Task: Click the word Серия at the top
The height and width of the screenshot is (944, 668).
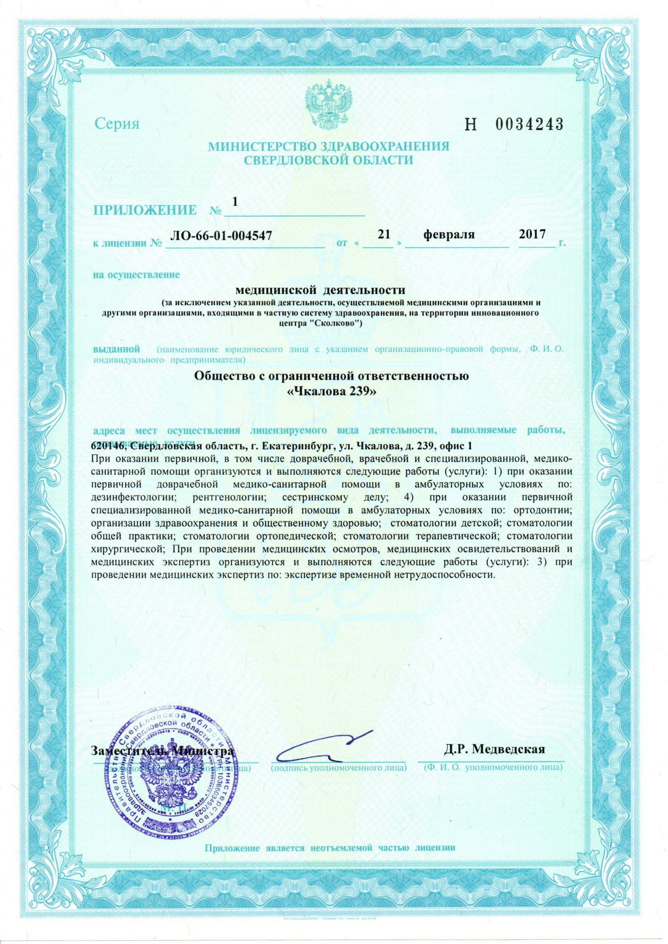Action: coord(118,123)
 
